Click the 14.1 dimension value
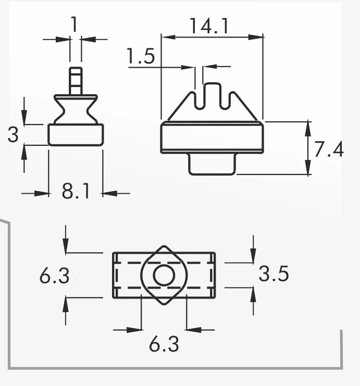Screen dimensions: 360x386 click(209, 26)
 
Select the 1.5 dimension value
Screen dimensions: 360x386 click(141, 56)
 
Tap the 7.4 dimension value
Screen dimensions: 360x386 click(329, 149)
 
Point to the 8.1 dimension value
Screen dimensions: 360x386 click(76, 191)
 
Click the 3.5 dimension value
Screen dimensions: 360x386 click(274, 274)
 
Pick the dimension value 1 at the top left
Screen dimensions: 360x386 click(75, 24)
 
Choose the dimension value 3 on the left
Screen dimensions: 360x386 click(13, 134)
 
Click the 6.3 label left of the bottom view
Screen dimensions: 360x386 click(54, 276)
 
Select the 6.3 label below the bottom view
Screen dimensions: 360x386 click(164, 344)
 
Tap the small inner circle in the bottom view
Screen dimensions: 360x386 click(164, 276)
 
